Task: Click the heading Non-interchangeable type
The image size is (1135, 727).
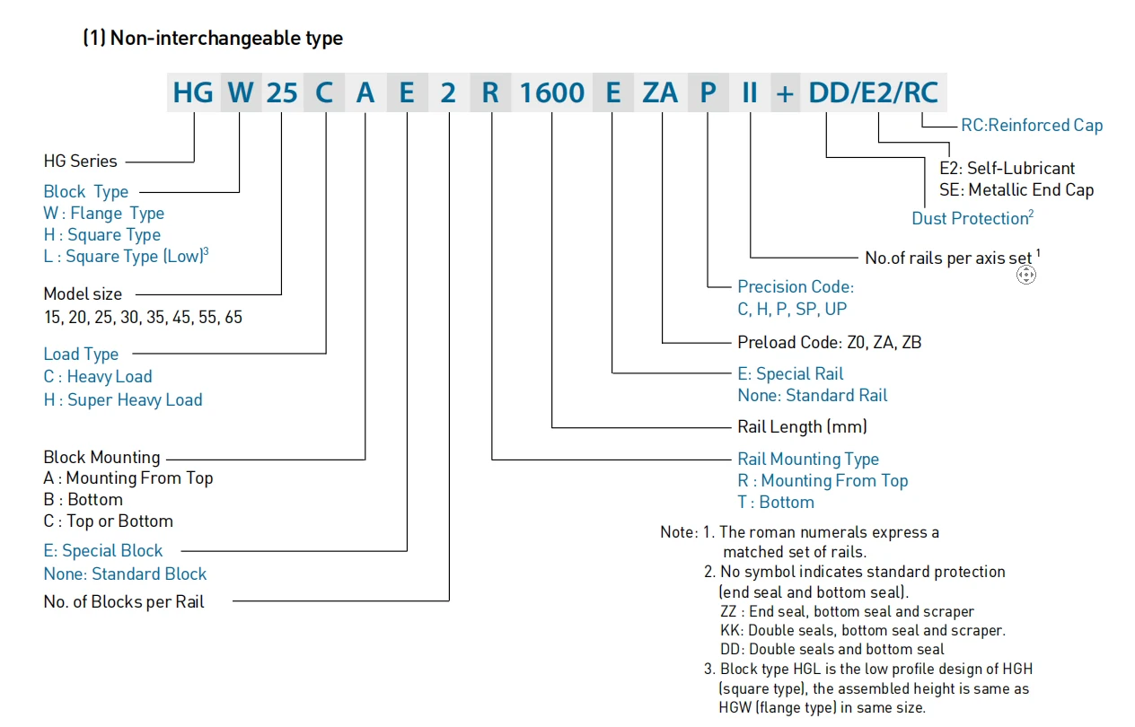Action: tap(213, 39)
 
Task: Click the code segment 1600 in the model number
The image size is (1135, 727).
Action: tap(551, 92)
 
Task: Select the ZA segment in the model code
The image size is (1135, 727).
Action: tap(660, 92)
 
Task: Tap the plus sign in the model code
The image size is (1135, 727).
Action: tap(785, 92)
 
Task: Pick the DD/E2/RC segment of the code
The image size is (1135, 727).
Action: tap(872, 92)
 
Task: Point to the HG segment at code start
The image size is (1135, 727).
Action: tap(192, 92)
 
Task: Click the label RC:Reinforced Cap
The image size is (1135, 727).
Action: tap(1031, 126)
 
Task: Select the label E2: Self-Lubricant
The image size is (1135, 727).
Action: tap(1007, 168)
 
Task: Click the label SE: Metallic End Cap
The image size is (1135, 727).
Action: tap(1016, 189)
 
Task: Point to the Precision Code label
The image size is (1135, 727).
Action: tap(795, 287)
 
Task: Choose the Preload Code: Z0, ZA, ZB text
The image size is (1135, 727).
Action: tap(829, 342)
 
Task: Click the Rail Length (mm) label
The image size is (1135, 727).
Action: tap(802, 426)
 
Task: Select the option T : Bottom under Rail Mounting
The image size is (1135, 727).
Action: tap(776, 503)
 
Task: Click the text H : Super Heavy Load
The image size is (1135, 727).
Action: tap(123, 400)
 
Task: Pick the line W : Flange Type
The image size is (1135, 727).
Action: tap(103, 214)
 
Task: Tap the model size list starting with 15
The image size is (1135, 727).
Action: tap(143, 318)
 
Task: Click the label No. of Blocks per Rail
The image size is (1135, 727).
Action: tap(124, 602)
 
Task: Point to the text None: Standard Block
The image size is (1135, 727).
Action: tap(125, 574)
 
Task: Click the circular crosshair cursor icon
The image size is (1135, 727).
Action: tap(1025, 275)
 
